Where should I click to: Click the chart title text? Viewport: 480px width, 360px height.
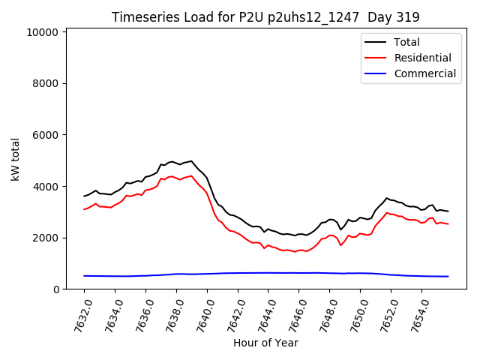click(265, 17)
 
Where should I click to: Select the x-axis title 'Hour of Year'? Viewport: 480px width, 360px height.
click(265, 343)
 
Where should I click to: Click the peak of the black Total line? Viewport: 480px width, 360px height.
click(191, 160)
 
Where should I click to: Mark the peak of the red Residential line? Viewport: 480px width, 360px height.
click(191, 176)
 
